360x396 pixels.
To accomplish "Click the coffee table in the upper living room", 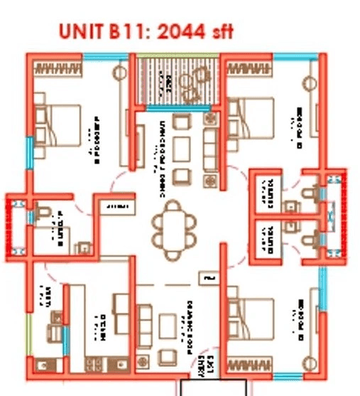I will [182, 146].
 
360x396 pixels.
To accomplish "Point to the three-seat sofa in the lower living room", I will [144, 324].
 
